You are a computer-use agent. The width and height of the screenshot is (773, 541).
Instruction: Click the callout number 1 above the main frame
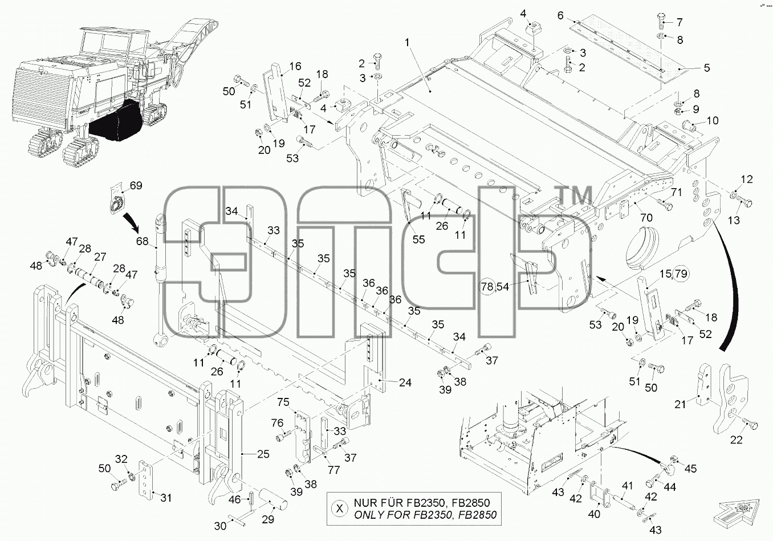pos(407,42)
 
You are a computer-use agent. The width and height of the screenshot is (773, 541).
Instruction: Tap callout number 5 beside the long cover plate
pos(707,68)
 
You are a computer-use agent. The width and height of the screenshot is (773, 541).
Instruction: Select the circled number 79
pos(681,274)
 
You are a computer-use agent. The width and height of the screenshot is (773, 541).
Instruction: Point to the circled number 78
pos(487,286)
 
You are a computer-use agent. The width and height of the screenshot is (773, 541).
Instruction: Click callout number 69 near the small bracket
pos(136,185)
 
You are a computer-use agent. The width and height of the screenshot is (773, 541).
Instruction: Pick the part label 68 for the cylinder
pos(142,241)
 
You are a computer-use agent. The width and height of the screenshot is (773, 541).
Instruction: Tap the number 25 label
pos(263,454)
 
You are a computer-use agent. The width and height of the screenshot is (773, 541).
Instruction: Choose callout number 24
pos(405,383)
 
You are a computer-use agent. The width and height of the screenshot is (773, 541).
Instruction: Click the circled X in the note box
pos(340,509)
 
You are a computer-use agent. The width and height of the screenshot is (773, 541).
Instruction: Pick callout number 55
pos(418,239)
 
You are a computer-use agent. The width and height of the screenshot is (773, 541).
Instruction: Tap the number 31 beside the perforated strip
pos(166,498)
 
